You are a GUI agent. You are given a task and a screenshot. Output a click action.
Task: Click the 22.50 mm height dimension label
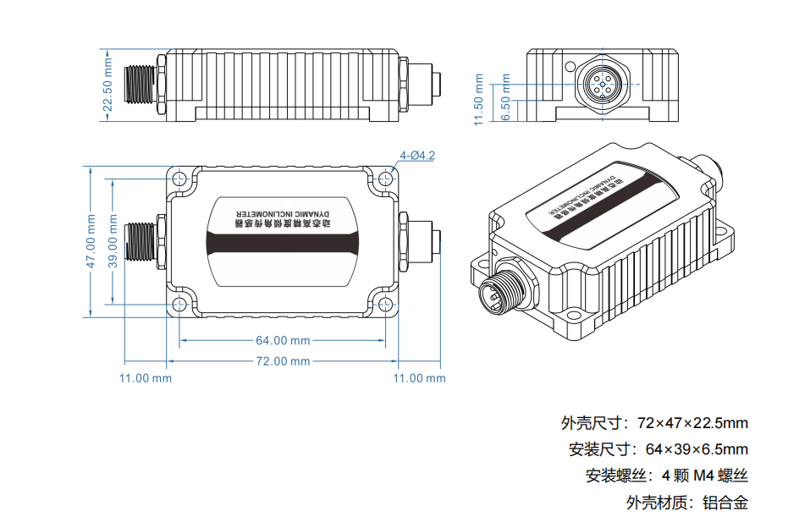[x=108, y=85]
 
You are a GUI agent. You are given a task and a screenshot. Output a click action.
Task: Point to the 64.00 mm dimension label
[x=283, y=341]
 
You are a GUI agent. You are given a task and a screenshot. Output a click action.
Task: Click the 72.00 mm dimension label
[x=283, y=361]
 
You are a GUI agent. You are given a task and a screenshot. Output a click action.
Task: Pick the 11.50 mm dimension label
[x=479, y=100]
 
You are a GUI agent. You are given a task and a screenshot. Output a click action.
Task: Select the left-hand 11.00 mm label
[x=145, y=378]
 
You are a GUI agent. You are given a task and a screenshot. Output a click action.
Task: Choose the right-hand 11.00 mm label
[x=419, y=378]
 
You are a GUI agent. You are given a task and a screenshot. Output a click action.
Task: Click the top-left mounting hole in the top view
[x=179, y=179]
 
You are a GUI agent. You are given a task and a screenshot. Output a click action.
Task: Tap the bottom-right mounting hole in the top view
[x=386, y=304]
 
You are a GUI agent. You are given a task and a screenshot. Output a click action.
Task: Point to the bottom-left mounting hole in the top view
[x=179, y=304]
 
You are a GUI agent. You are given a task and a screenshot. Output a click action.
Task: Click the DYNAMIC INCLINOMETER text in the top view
[x=283, y=213]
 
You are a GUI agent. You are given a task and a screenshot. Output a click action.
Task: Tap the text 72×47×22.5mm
[x=692, y=423]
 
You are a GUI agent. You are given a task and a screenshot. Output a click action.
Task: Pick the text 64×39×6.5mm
[x=697, y=449]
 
